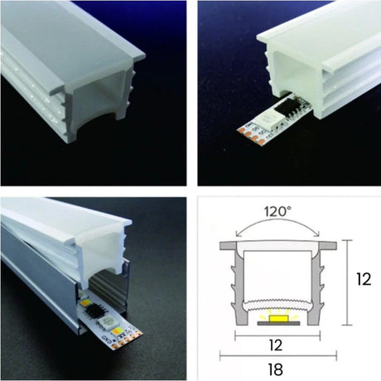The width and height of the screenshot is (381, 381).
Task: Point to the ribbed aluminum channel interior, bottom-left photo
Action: tap(33, 273)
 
